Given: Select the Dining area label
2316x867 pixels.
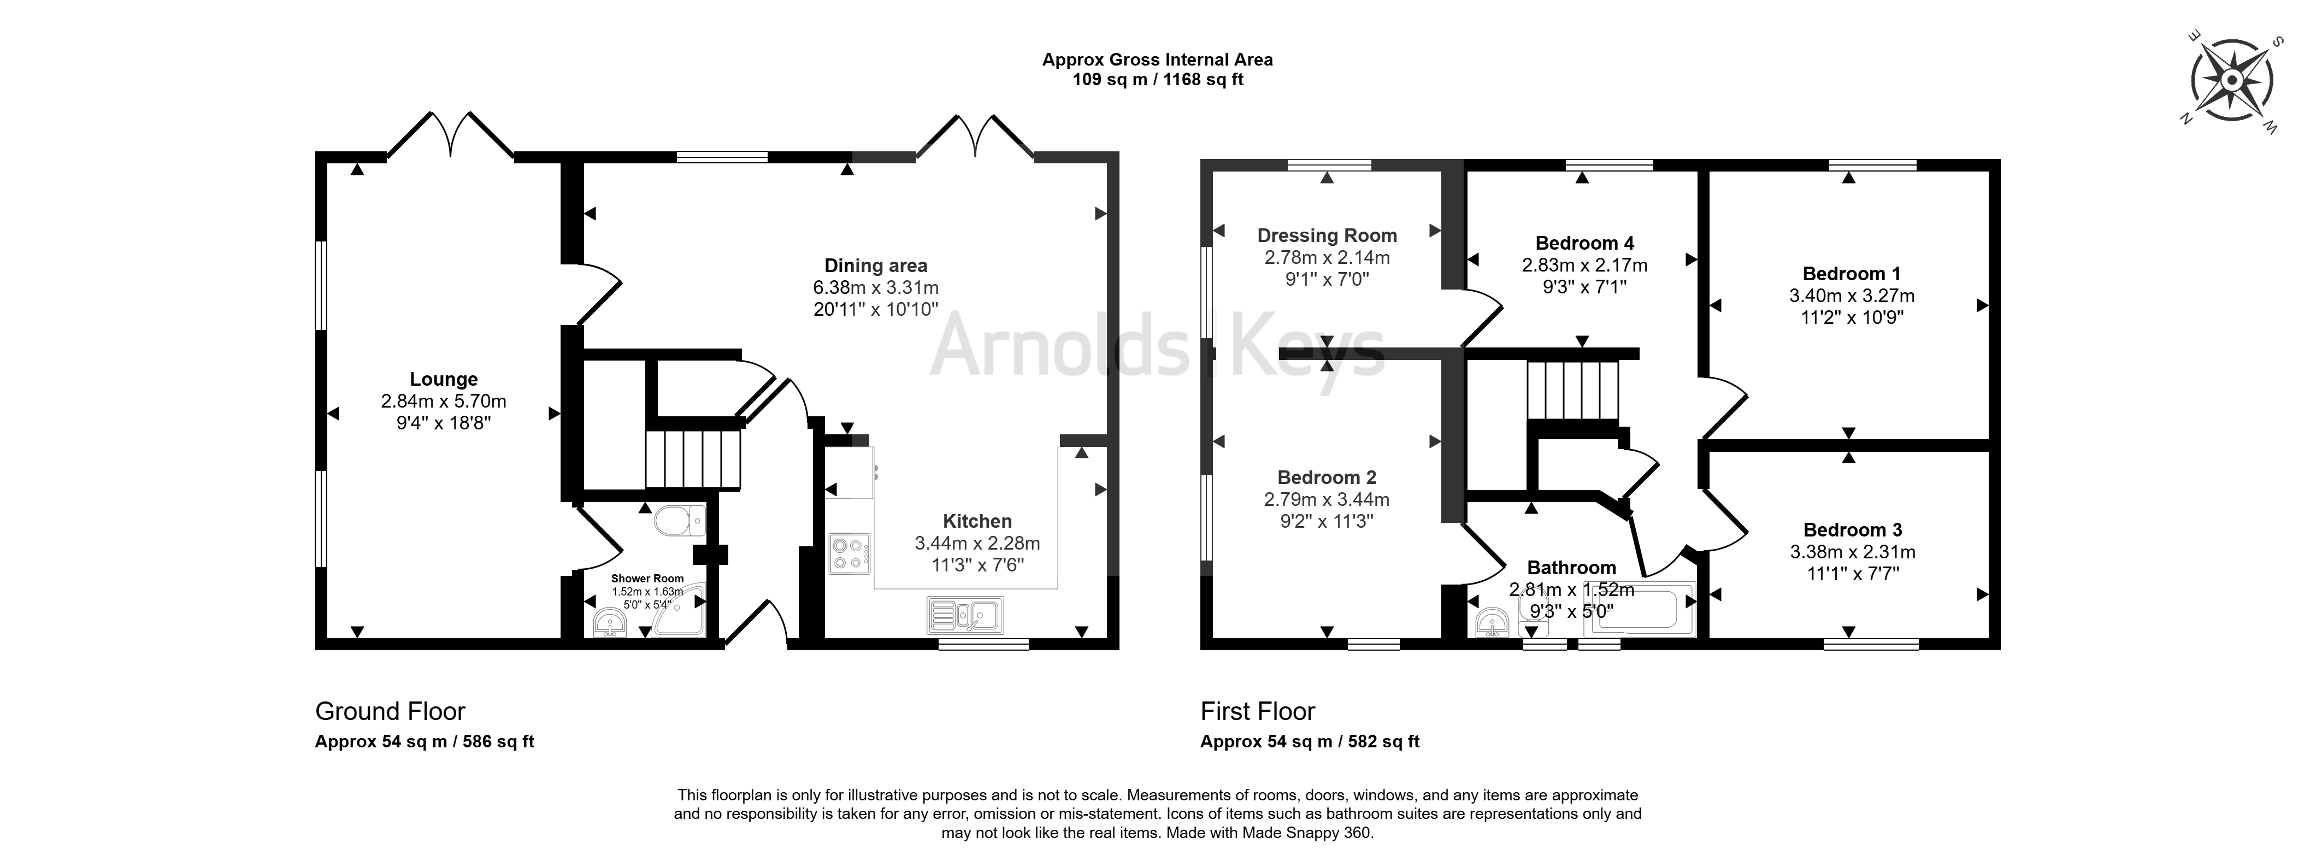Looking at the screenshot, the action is click(x=876, y=266).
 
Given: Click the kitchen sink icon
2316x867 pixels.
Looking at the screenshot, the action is click(x=965, y=615).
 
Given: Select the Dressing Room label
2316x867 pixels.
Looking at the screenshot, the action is click(x=1327, y=235).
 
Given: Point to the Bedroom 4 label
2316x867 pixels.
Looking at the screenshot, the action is click(x=1584, y=243).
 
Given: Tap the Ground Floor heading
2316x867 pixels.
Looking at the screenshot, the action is click(x=390, y=711).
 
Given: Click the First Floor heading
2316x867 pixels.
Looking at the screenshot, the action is click(x=1258, y=711).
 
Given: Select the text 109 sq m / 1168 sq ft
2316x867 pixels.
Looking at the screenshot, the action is click(x=1158, y=79).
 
